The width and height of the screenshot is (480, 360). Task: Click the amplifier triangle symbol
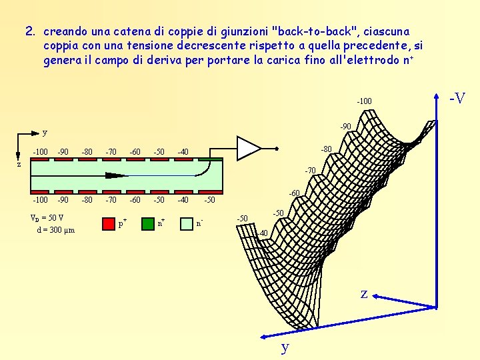(248, 147)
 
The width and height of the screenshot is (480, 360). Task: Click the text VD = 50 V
(47, 217)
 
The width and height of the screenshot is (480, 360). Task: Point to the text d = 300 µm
(55, 230)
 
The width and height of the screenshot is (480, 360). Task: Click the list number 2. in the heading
(30, 31)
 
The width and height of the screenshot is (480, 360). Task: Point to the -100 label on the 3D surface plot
(364, 101)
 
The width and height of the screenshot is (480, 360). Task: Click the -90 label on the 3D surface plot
(346, 126)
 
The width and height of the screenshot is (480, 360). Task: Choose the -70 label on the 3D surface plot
(310, 171)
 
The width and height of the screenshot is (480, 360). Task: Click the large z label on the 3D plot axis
(364, 293)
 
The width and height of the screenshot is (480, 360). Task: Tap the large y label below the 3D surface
(285, 347)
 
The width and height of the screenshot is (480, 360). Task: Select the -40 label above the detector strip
(182, 152)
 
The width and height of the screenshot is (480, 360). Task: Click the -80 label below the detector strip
(87, 199)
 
